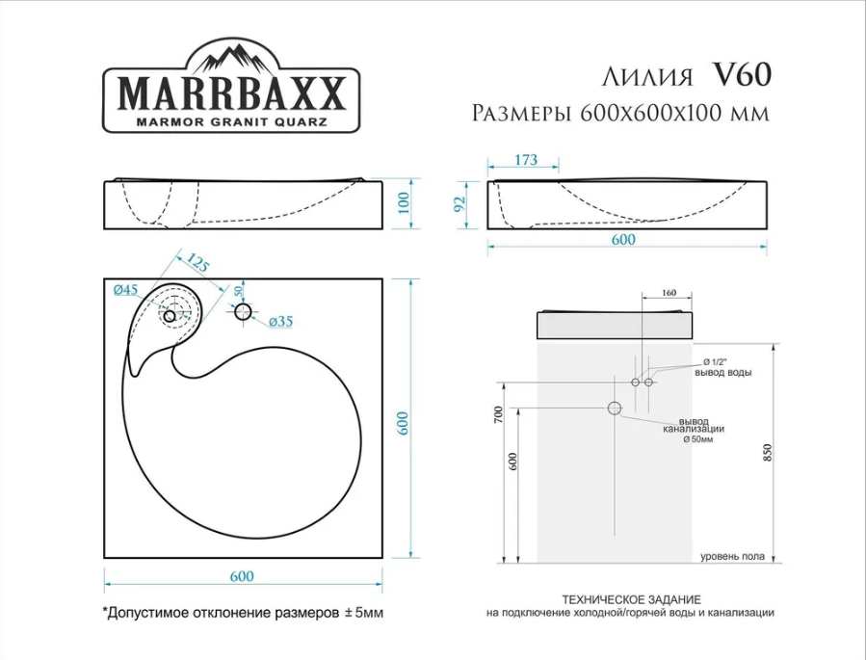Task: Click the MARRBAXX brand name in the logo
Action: point(230,93)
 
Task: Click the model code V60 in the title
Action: point(741,74)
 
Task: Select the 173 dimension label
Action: point(525,161)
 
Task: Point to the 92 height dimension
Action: point(460,204)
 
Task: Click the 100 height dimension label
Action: point(406,203)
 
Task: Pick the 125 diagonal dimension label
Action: point(197,263)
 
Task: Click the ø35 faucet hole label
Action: point(279,320)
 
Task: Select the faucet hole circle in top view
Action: point(242,312)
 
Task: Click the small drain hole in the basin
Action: point(170,315)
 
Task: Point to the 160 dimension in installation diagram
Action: point(669,293)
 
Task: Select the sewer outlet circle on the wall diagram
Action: point(615,409)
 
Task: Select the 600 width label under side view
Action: point(623,240)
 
